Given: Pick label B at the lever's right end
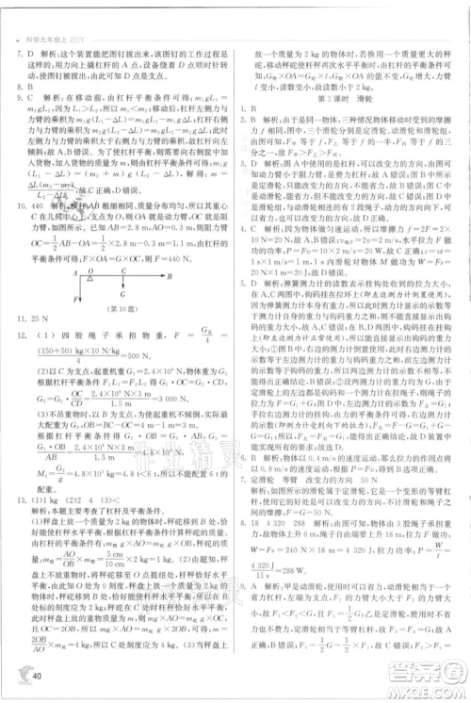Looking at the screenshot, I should [x=170, y=276].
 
